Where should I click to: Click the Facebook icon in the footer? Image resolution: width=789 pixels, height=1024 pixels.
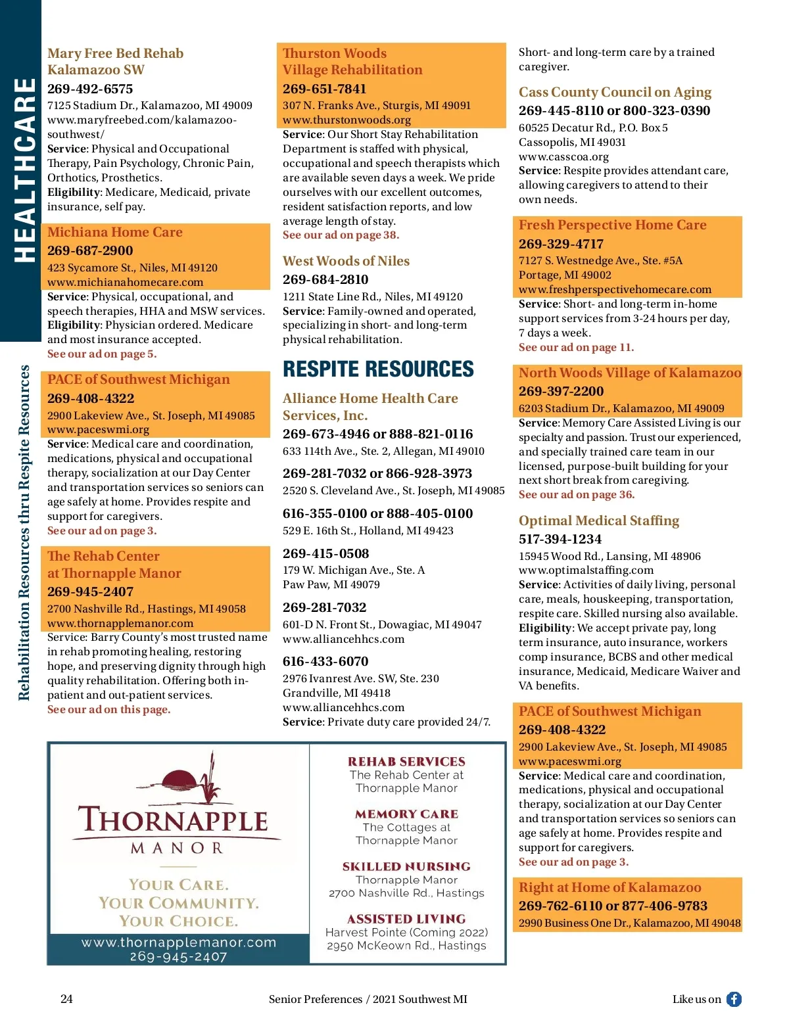(734, 999)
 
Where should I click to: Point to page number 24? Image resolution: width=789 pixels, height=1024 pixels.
(66, 999)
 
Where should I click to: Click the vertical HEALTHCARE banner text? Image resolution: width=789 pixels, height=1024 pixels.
(25, 170)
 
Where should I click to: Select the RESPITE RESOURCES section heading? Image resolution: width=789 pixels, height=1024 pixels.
(378, 369)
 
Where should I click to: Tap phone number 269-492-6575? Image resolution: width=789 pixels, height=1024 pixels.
(90, 89)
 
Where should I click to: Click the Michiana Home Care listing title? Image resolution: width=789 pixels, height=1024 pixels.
(115, 232)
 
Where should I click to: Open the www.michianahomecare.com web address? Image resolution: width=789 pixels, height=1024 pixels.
(125, 282)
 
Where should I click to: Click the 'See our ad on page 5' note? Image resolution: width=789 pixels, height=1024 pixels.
(102, 354)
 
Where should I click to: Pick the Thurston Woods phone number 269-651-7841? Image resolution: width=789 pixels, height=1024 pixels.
(325, 89)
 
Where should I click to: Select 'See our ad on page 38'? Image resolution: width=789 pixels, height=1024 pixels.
(341, 235)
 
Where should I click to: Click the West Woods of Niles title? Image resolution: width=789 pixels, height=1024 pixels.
(346, 261)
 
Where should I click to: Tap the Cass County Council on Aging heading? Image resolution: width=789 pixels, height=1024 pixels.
(615, 92)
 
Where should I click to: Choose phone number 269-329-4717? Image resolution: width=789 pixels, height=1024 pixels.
(561, 244)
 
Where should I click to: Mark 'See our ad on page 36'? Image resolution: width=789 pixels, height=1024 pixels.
(577, 494)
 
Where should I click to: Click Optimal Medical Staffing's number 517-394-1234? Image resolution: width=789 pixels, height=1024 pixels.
(560, 539)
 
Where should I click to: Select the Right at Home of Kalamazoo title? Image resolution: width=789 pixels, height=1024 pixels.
(610, 887)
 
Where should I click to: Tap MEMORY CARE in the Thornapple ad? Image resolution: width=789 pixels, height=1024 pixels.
(406, 814)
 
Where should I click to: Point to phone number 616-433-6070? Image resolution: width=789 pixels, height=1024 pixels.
(325, 661)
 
